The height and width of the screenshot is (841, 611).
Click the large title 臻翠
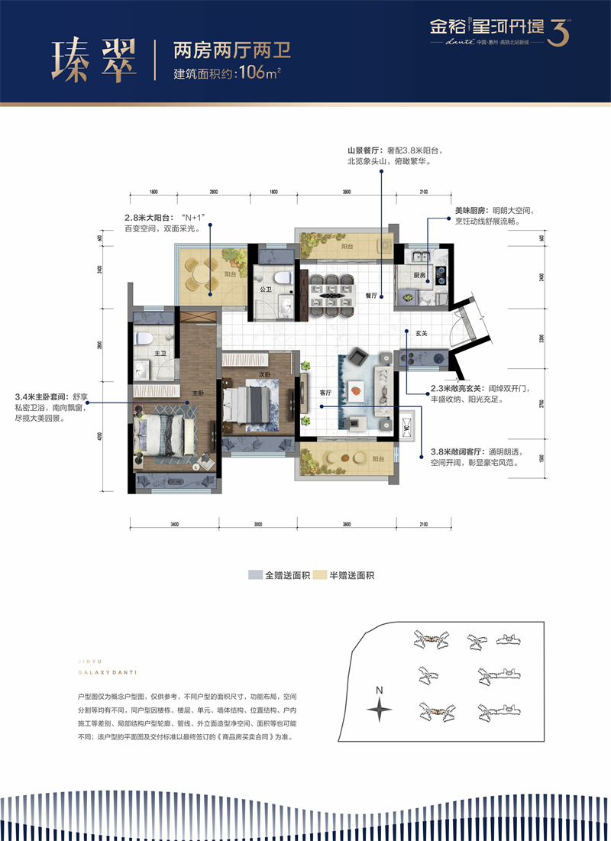[x=93, y=59]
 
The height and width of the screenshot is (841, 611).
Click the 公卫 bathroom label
[x=266, y=290]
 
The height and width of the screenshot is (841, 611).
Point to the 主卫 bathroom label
[x=160, y=354]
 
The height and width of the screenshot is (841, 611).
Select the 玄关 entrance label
[x=421, y=334]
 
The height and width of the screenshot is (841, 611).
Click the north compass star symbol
[x=380, y=710]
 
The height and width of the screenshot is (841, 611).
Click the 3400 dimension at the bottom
[x=174, y=525]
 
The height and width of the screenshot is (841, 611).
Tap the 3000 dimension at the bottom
[x=257, y=525]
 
